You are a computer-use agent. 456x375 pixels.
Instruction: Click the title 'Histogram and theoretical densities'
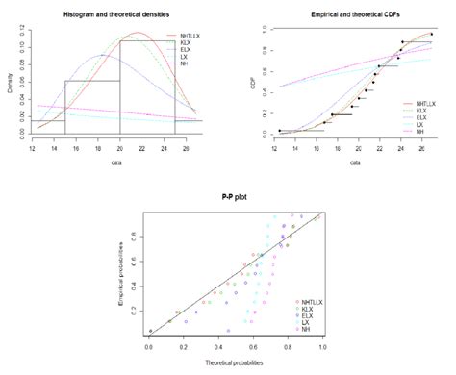118,16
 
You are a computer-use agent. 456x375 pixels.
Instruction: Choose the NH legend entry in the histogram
192,63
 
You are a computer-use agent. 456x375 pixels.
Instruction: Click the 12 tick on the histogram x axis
34,150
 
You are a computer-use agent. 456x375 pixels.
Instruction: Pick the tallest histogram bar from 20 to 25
146,87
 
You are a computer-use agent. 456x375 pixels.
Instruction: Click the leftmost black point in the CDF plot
280,131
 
